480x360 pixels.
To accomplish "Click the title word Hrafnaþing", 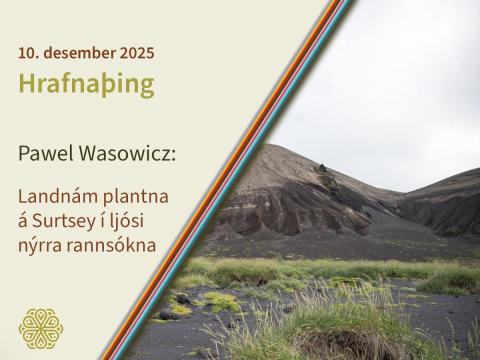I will [x=86, y=84].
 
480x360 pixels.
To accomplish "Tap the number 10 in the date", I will [x=27, y=51].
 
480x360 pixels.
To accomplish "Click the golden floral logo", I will [x=40, y=328].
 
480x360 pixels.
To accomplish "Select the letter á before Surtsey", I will [x=25, y=219].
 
